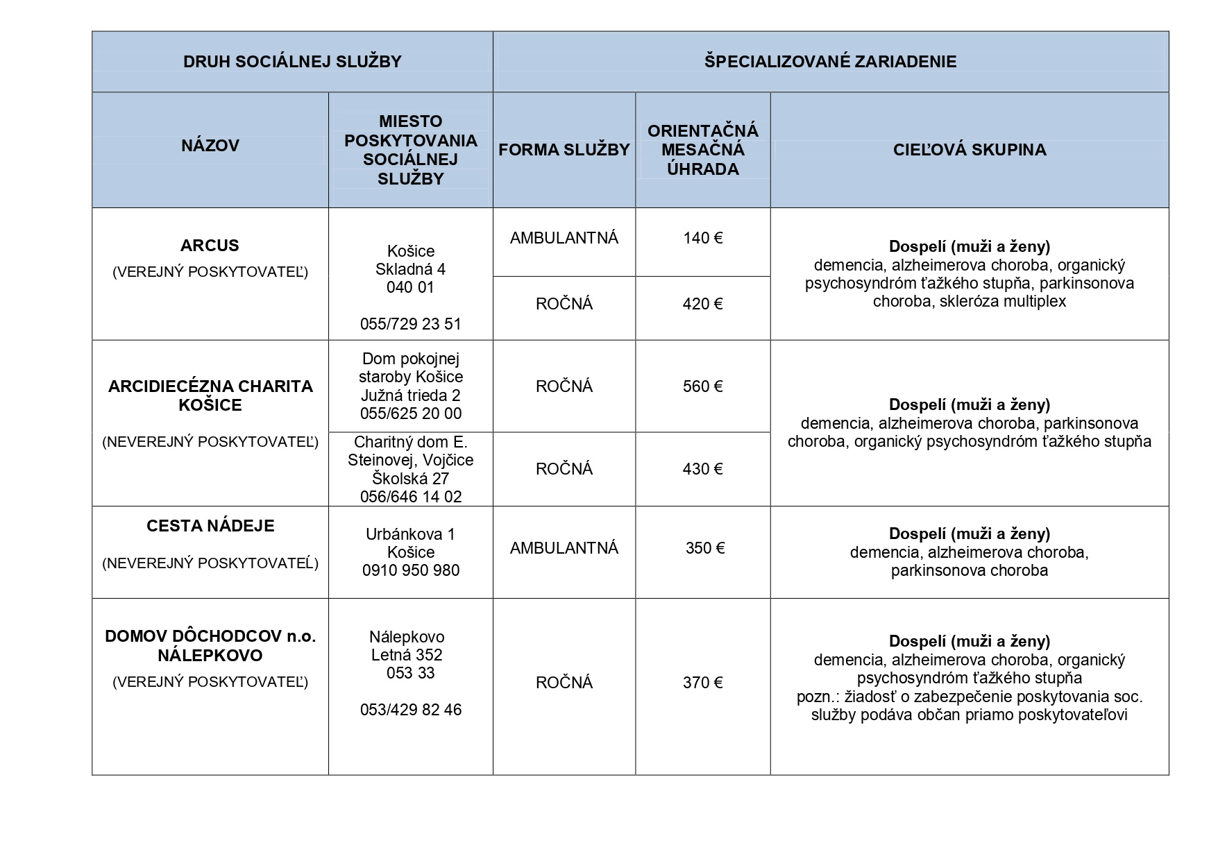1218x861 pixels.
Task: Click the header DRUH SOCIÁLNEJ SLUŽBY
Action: [292, 62]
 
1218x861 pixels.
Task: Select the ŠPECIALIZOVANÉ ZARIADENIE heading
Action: [830, 62]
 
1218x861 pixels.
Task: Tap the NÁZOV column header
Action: [210, 146]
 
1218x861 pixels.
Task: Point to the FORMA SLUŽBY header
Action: [564, 150]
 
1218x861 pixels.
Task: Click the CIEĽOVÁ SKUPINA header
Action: [969, 150]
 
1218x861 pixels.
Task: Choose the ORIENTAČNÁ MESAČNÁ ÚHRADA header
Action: [702, 150]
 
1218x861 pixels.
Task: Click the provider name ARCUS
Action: [210, 246]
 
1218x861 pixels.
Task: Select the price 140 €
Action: [702, 239]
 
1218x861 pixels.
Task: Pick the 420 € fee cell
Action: [702, 304]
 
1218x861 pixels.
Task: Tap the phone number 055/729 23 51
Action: [410, 324]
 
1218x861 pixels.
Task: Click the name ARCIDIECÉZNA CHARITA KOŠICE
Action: [210, 395]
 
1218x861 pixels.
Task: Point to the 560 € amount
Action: [702, 386]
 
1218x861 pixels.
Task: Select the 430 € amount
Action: [702, 469]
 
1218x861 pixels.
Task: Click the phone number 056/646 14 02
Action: [410, 497]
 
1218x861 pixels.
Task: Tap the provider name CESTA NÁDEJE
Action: [210, 526]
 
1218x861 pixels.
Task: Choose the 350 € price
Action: [704, 548]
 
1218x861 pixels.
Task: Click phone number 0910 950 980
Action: [410, 570]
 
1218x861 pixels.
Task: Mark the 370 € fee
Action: [702, 683]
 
